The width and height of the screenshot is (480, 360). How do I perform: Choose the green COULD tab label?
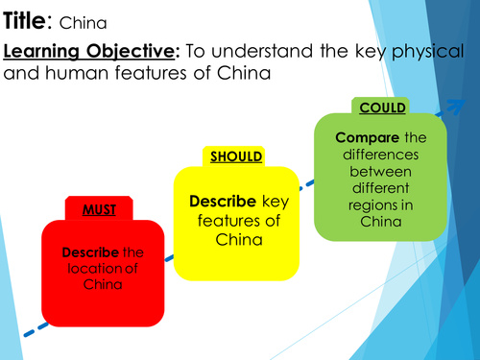[x=380, y=107]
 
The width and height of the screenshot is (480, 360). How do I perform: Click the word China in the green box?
[x=380, y=220]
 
